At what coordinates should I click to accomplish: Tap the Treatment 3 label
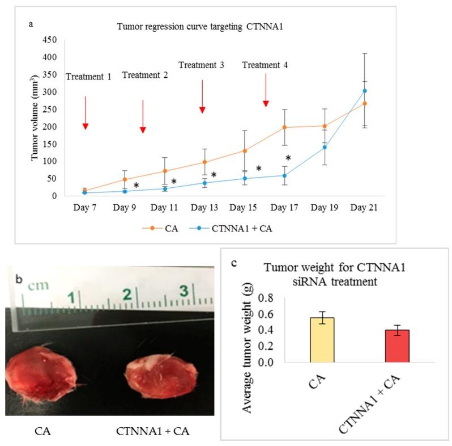tap(201, 65)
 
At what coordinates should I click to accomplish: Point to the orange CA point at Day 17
tap(284, 127)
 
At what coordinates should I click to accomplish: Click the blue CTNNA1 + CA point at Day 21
tap(365, 91)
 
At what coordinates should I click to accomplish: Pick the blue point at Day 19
tap(325, 148)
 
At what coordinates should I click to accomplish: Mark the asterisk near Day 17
tap(288, 158)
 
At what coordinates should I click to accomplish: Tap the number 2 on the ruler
tap(127, 294)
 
